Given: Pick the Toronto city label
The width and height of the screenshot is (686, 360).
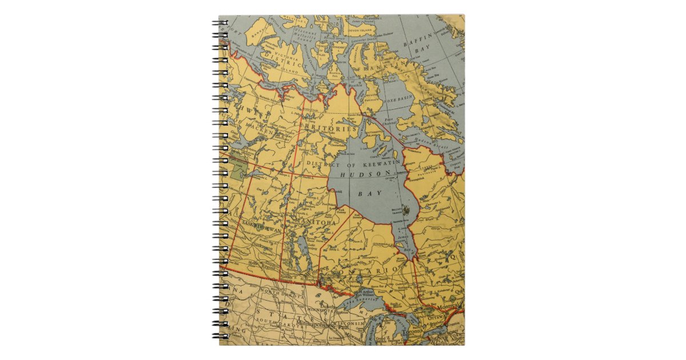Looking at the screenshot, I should [411, 331].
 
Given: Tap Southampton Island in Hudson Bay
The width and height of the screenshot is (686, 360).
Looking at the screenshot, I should [375, 136].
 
